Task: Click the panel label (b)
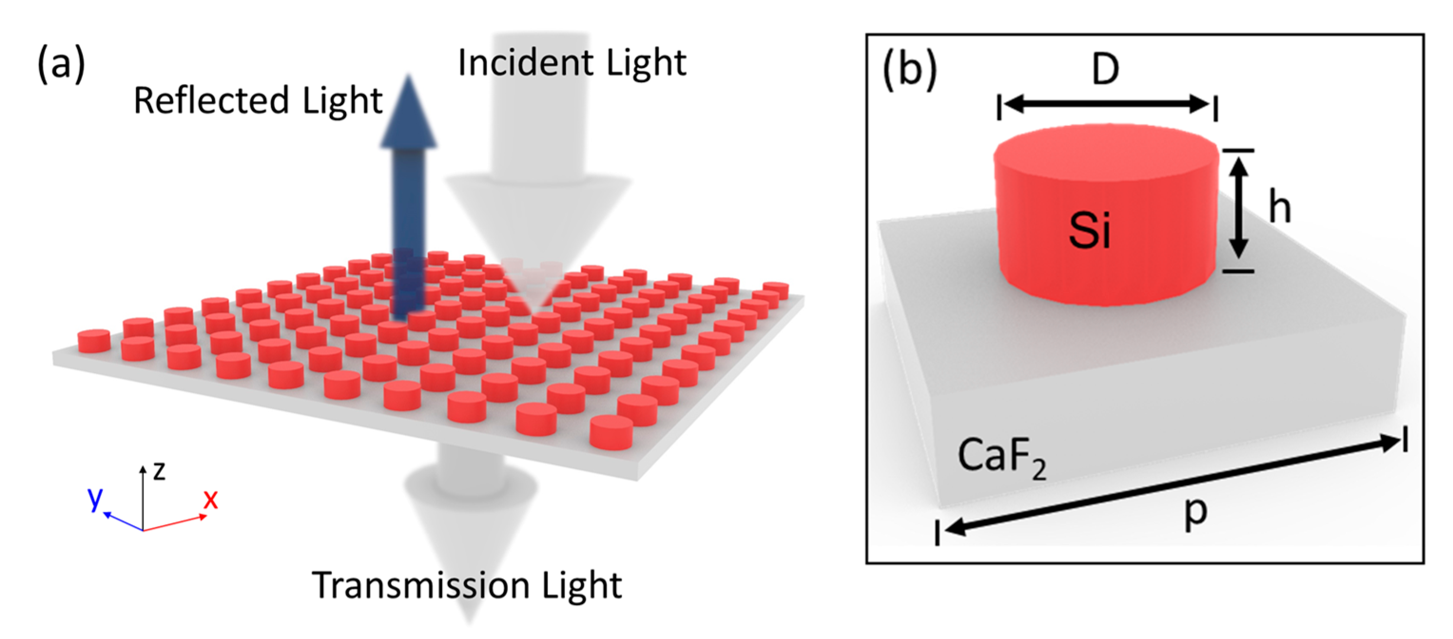[x=909, y=70]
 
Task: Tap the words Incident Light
[x=572, y=63]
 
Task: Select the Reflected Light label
[x=258, y=101]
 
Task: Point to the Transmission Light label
[x=466, y=585]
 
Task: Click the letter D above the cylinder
[x=1105, y=70]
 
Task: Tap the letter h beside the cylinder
[x=1279, y=207]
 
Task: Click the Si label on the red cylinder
[x=1090, y=231]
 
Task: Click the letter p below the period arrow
[x=1196, y=513]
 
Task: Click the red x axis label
[x=211, y=499]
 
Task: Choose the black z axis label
[x=160, y=470]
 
